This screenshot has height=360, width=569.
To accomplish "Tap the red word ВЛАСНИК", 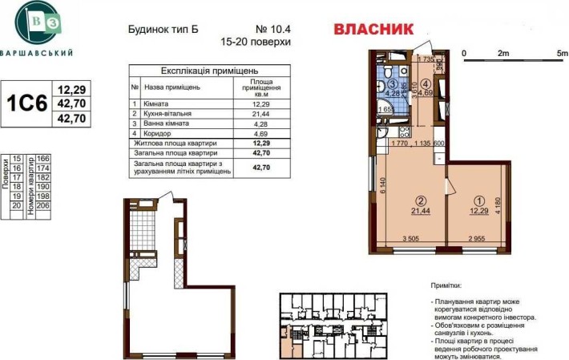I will (373, 30).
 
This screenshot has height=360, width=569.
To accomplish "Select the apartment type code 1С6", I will (26, 103).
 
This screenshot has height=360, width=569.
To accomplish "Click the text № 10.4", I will (248, 26).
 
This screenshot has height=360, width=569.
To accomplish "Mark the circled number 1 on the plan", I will (480, 201).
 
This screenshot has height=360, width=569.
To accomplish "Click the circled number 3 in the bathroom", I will (393, 83).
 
